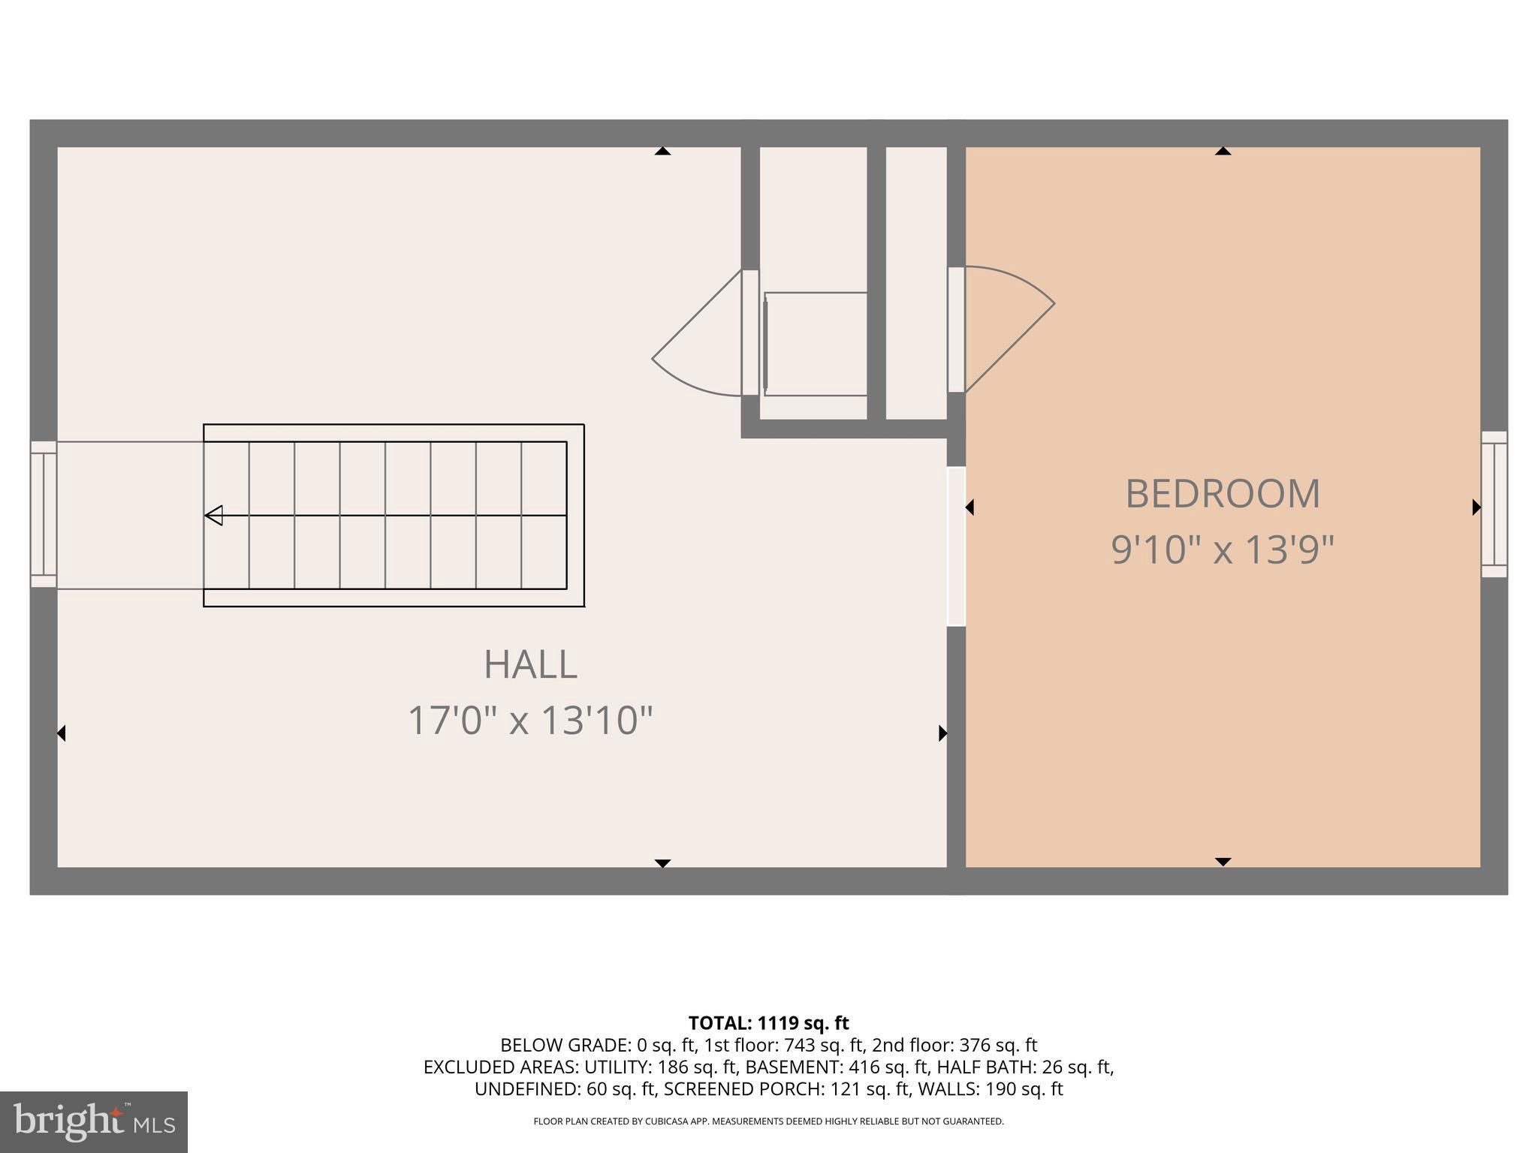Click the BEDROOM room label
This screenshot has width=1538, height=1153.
coord(1222,494)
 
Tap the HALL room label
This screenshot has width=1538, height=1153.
coord(530,664)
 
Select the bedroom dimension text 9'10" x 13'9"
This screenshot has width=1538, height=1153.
coord(1222,549)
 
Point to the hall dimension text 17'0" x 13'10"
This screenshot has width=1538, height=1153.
coord(530,721)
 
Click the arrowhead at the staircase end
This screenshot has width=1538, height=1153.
coord(214,516)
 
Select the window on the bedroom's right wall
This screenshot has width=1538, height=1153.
coord(1494,504)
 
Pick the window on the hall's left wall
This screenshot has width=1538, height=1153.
coord(44,514)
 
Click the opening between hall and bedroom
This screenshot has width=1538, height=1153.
coord(956,546)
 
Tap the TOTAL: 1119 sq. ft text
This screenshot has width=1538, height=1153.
coord(768,1023)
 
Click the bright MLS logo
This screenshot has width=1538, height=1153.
coord(93,1121)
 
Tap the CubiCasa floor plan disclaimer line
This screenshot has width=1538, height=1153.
coord(768,1121)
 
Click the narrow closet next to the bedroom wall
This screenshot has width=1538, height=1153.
coord(916,283)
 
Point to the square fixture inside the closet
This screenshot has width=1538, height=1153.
coord(816,344)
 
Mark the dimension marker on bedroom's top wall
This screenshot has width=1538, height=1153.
coord(1223,151)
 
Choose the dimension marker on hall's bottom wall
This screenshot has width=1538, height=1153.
coord(662,863)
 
